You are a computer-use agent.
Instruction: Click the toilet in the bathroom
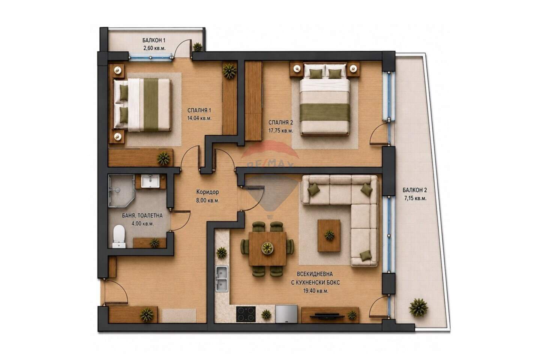[119, 236]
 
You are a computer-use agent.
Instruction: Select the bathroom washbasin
[150, 181]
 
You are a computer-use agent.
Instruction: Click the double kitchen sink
[222, 279]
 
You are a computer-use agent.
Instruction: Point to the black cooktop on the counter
[246, 314]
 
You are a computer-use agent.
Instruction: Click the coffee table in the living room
[329, 235]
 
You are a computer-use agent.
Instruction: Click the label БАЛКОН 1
[154, 40]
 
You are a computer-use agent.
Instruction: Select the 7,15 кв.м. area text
[415, 198]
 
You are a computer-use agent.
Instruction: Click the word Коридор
[208, 192]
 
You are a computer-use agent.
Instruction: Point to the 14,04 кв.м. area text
[199, 118]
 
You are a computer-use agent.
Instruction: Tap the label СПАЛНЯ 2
[280, 123]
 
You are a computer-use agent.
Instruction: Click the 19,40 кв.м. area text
[316, 291]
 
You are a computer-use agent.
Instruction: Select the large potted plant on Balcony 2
[418, 307]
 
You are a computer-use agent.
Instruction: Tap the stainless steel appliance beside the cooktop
[286, 314]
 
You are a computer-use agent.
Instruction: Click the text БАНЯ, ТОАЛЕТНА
[142, 216]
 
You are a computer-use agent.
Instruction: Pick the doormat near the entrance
[179, 315]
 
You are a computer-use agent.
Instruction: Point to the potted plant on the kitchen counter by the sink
[221, 253]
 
